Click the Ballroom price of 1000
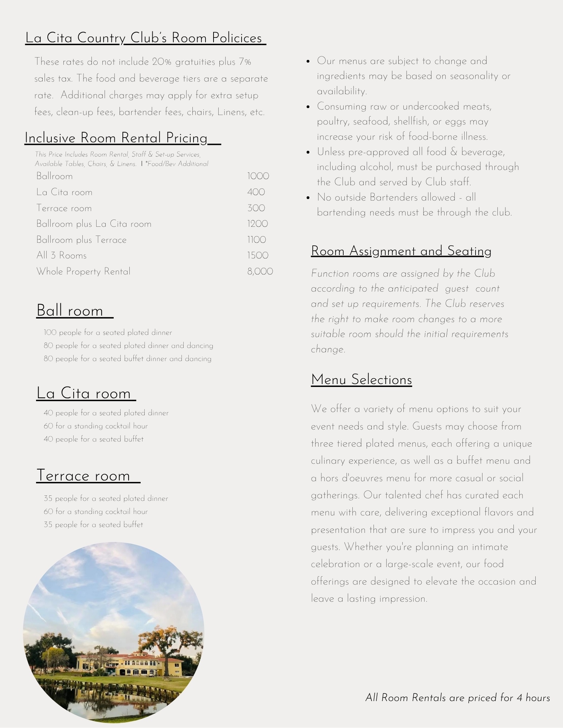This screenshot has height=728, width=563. click(258, 176)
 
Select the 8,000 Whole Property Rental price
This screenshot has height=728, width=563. click(260, 272)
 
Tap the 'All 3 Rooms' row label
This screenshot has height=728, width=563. click(62, 256)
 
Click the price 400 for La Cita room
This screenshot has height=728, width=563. click(256, 192)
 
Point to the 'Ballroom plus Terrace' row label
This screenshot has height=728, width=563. click(81, 240)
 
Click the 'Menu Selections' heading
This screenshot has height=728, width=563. click(361, 380)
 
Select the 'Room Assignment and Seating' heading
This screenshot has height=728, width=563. click(401, 251)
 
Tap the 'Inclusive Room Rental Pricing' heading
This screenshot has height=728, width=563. click(116, 138)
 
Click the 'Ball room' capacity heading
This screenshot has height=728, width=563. click(70, 311)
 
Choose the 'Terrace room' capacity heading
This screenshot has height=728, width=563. click(83, 476)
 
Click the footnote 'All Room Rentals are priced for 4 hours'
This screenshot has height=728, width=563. click(457, 698)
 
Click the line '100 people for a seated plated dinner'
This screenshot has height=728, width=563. click(108, 333)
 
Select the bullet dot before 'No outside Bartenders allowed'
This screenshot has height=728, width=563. click(308, 198)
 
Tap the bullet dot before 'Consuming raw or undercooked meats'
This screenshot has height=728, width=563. click(308, 107)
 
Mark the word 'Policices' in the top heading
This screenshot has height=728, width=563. click(237, 38)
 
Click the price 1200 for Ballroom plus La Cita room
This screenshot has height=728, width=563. click(257, 224)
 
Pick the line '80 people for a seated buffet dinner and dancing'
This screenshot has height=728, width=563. click(128, 359)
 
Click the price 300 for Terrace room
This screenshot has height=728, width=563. click(256, 208)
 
